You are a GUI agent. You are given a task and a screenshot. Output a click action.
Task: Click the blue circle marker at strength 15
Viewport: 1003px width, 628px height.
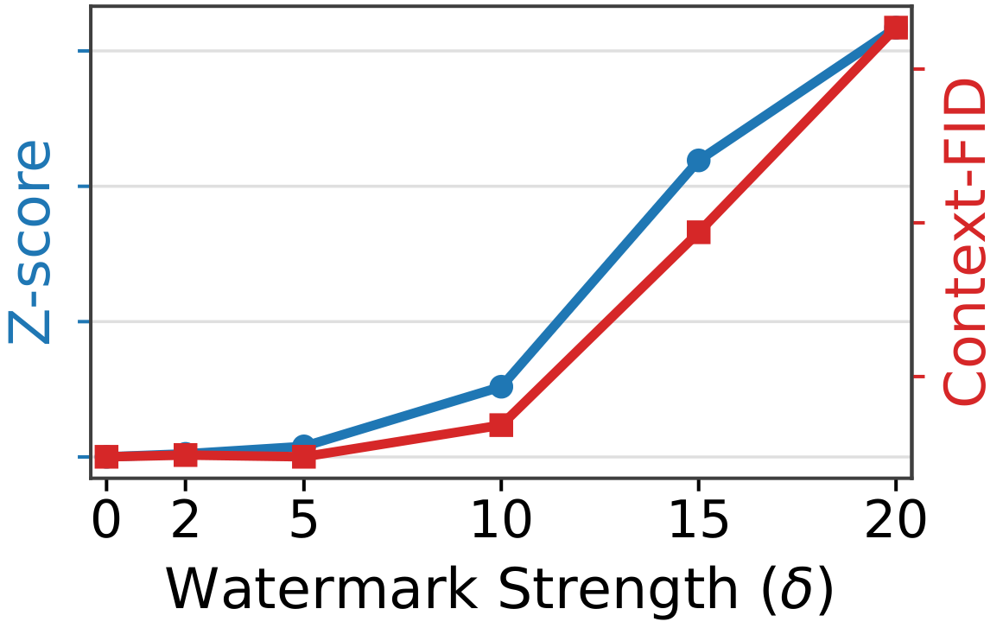pyautogui.click(x=698, y=160)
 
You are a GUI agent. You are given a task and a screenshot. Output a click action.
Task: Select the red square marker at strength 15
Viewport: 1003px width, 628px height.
pyautogui.click(x=698, y=232)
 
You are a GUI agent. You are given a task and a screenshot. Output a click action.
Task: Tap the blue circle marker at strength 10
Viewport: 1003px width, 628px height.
pyautogui.click(x=501, y=386)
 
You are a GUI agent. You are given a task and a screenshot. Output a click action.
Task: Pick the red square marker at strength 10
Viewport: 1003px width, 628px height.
pyautogui.click(x=501, y=425)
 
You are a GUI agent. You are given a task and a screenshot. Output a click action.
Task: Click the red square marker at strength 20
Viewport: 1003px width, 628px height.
pyautogui.click(x=896, y=27)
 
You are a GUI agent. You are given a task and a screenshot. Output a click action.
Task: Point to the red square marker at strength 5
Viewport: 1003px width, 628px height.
pyautogui.click(x=304, y=456)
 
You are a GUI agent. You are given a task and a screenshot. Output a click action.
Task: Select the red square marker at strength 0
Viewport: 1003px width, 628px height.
pyautogui.click(x=106, y=457)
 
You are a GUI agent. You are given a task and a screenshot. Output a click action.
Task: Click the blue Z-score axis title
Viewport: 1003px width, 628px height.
pyautogui.click(x=29, y=242)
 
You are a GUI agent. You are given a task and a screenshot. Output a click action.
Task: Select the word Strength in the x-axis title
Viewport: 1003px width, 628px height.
pyautogui.click(x=618, y=589)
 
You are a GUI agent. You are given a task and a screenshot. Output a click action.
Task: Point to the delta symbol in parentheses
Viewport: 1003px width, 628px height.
pyautogui.click(x=798, y=589)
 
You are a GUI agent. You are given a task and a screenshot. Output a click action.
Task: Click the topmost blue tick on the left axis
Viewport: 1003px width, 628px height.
pyautogui.click(x=85, y=51)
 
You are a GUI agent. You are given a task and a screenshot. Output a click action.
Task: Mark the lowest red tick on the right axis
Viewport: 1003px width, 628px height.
pyautogui.click(x=918, y=377)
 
